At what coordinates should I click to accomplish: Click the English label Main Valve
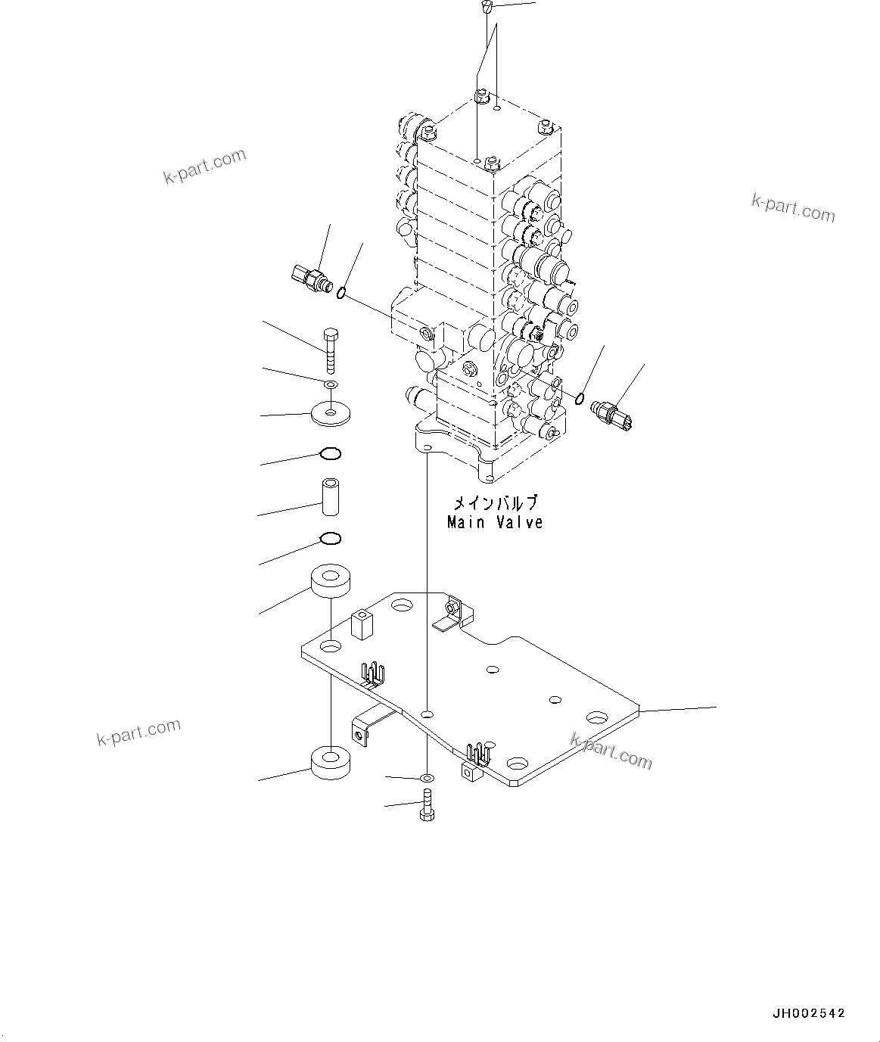(x=495, y=522)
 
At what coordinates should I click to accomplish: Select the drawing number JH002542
(x=808, y=1013)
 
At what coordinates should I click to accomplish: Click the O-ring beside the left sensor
(x=343, y=293)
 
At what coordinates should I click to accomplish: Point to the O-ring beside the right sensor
(x=580, y=398)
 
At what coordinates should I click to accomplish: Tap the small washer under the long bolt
(x=331, y=386)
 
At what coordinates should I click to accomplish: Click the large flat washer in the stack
(x=331, y=413)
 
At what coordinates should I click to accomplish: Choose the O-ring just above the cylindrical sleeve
(x=331, y=454)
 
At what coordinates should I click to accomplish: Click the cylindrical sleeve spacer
(x=331, y=496)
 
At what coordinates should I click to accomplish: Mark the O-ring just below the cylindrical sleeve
(x=331, y=539)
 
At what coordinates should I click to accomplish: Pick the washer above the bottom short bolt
(x=427, y=777)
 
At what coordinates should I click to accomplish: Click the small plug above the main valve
(x=487, y=8)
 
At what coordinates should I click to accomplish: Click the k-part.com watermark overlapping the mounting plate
(x=611, y=751)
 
